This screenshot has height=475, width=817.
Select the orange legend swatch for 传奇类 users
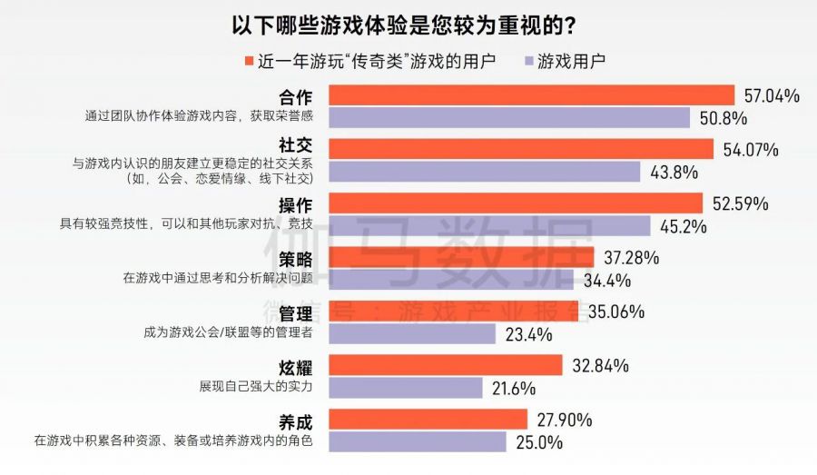coord(247,62)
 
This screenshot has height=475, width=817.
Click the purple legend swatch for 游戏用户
coord(527,62)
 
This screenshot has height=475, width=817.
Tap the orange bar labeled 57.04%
coord(531,95)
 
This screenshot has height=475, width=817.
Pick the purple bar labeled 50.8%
coord(508,118)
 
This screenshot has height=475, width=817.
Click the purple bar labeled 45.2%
coord(489,226)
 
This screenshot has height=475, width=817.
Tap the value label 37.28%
coord(629,258)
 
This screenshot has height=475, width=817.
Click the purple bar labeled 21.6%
coord(405,389)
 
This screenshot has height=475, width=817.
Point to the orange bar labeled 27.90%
coord(428,420)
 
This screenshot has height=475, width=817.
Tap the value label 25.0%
coord(539,442)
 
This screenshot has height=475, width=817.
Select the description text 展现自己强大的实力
coord(256,386)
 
